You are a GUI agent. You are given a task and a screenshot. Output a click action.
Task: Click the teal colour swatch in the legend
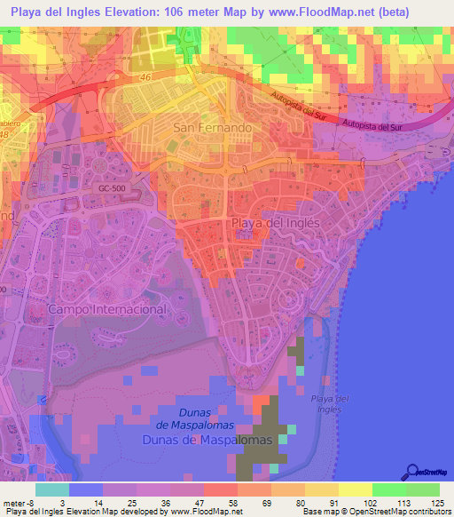click(x=52, y=489)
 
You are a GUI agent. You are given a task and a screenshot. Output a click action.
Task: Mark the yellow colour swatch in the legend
click(x=356, y=489)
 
